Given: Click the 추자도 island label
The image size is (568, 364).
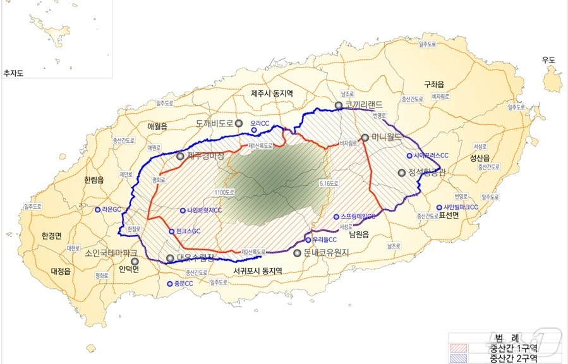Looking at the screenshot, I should (13, 73).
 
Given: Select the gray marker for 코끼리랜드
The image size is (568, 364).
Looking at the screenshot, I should (339, 106).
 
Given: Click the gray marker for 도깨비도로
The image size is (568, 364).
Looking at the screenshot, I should (239, 124).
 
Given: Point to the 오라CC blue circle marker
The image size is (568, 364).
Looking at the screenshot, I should (254, 130).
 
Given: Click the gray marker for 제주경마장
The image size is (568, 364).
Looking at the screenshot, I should (180, 155).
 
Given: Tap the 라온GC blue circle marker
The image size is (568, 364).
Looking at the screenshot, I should (98, 209).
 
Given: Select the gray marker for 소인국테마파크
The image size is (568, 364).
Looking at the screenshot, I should (134, 261).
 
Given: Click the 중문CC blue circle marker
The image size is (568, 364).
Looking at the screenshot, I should (169, 284).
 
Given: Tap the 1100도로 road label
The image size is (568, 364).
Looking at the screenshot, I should (224, 191).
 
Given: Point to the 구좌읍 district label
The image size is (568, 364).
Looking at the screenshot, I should (434, 83).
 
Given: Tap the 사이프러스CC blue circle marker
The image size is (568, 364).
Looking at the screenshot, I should (409, 155).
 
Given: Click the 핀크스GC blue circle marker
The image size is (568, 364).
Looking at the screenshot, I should (170, 232).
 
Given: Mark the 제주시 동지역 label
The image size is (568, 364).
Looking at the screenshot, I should (276, 93).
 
